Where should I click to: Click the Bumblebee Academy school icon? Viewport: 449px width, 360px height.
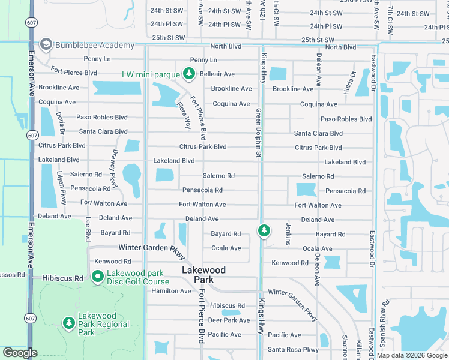[x=46, y=46]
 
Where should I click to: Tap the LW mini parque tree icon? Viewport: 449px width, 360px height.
[x=189, y=74]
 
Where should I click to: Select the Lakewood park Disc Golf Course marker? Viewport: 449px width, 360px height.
[x=97, y=275]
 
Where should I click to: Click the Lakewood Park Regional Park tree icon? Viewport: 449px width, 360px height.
[x=69, y=323]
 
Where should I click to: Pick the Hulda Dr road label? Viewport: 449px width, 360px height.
[x=352, y=80]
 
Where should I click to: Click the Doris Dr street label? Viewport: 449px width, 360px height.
[x=61, y=124]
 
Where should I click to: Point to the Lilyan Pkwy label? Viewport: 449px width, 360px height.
[x=62, y=191]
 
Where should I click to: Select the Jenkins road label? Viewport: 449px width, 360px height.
[x=289, y=233]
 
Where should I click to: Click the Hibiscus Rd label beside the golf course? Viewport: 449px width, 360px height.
[x=62, y=278]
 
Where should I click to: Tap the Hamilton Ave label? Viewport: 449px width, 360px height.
[x=171, y=291]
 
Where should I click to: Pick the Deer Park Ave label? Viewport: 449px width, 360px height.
[x=228, y=320]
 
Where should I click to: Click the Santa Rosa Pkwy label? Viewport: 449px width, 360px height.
[x=293, y=350]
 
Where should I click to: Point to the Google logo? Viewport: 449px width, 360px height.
[x=20, y=353]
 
